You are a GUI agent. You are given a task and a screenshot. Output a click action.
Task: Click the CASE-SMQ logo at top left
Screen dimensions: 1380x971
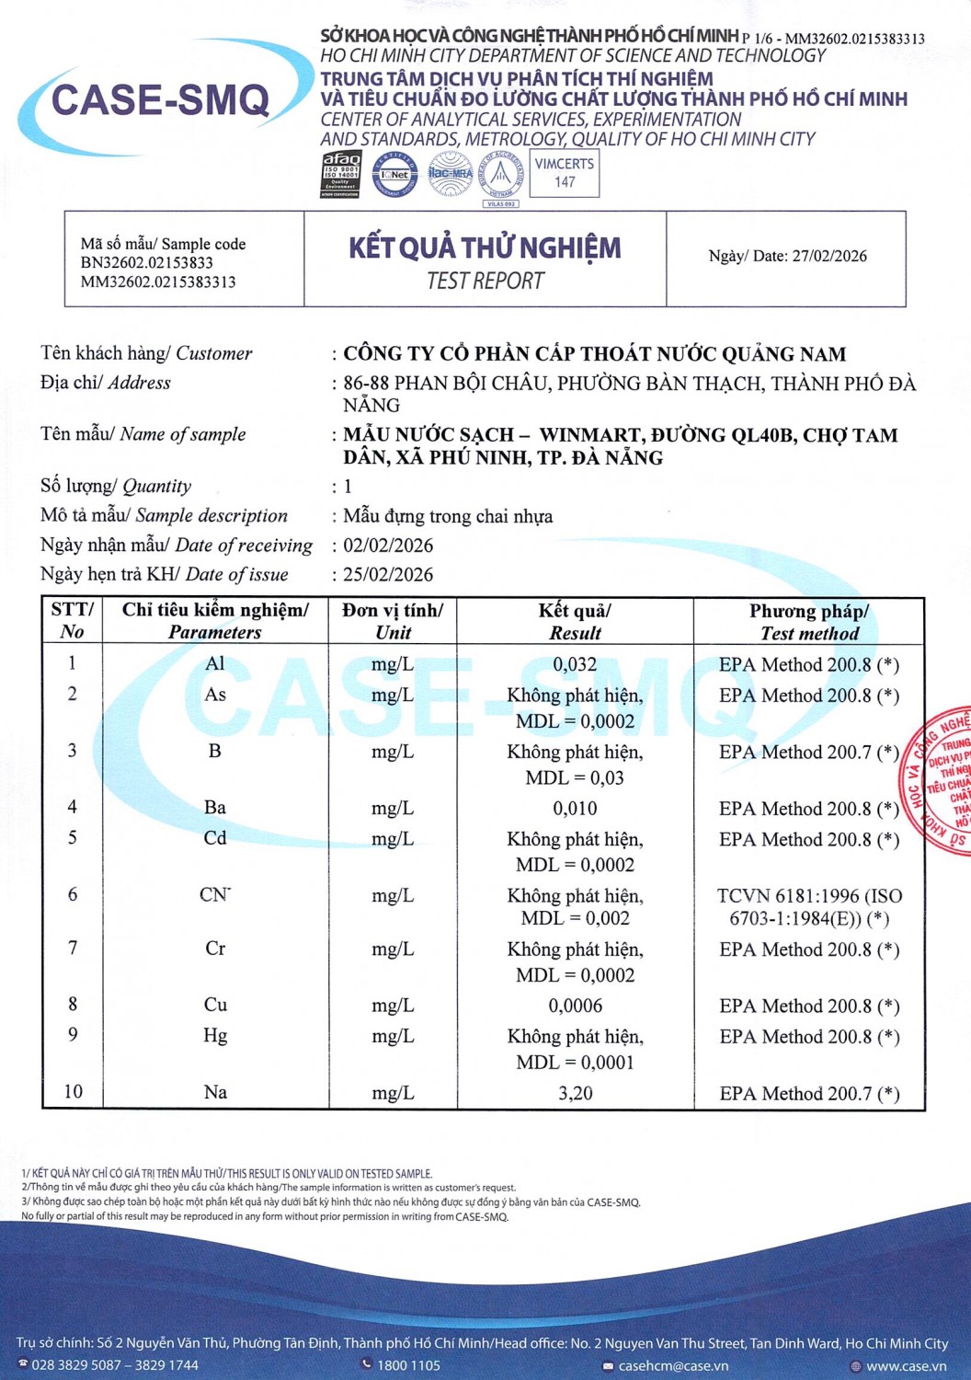161,99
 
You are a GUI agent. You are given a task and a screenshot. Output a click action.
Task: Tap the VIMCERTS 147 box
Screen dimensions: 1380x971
565,173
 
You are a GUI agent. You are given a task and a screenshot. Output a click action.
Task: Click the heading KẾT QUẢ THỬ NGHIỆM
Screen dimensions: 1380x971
485,247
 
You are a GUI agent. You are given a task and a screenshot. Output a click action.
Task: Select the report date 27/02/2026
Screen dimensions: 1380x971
829,256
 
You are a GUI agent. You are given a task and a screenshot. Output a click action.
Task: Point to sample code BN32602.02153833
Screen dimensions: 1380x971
147,263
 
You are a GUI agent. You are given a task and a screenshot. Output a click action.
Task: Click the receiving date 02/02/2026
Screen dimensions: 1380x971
388,546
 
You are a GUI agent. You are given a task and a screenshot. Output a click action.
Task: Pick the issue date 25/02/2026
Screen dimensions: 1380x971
388,575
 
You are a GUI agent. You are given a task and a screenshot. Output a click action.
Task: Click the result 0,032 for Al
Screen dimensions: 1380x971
575,664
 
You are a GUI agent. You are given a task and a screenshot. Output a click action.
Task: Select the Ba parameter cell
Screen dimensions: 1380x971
215,808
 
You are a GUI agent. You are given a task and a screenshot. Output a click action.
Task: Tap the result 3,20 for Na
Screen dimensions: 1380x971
575,1093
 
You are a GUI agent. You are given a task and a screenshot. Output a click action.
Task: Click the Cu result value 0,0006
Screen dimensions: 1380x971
575,1006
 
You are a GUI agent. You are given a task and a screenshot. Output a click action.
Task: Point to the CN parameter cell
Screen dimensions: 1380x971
215,894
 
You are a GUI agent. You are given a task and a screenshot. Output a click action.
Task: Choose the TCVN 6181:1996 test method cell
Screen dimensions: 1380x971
809,906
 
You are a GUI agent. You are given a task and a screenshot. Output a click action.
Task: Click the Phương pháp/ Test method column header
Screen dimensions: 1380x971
809,622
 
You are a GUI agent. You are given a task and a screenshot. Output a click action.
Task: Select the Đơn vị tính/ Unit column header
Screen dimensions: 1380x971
393,621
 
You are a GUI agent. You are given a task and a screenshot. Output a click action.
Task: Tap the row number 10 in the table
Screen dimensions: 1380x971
73,1092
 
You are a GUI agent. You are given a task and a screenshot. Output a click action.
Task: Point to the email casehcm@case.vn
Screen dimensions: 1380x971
673,1365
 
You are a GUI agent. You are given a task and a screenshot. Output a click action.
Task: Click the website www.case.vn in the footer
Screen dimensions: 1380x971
906,1365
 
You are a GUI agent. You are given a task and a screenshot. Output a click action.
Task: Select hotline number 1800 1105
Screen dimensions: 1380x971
408,1365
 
